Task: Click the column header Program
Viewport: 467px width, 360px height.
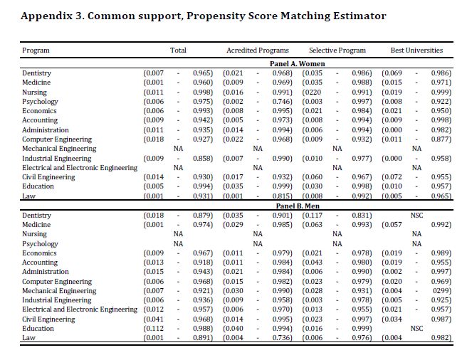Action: click(x=36, y=51)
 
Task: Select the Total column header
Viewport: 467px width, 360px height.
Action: click(x=178, y=51)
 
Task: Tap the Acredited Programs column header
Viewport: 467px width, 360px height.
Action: click(x=257, y=51)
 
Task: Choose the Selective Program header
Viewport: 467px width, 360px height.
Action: click(x=337, y=51)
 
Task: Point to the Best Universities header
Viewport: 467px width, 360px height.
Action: click(x=416, y=51)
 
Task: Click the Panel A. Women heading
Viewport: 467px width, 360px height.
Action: click(x=297, y=64)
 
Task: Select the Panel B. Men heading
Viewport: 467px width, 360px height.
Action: click(x=297, y=206)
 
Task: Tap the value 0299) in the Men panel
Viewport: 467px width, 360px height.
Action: click(x=441, y=290)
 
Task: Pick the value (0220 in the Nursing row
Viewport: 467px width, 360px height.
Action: click(x=313, y=92)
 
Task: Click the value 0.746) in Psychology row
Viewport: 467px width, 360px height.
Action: click(x=283, y=102)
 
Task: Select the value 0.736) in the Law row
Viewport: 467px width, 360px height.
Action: click(x=283, y=337)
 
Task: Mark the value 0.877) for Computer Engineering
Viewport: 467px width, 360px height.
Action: click(x=441, y=139)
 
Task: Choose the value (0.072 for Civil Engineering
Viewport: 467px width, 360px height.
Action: click(x=392, y=176)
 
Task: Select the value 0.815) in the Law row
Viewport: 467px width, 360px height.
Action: click(x=283, y=196)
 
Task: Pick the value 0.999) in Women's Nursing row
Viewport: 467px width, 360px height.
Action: click(x=441, y=92)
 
